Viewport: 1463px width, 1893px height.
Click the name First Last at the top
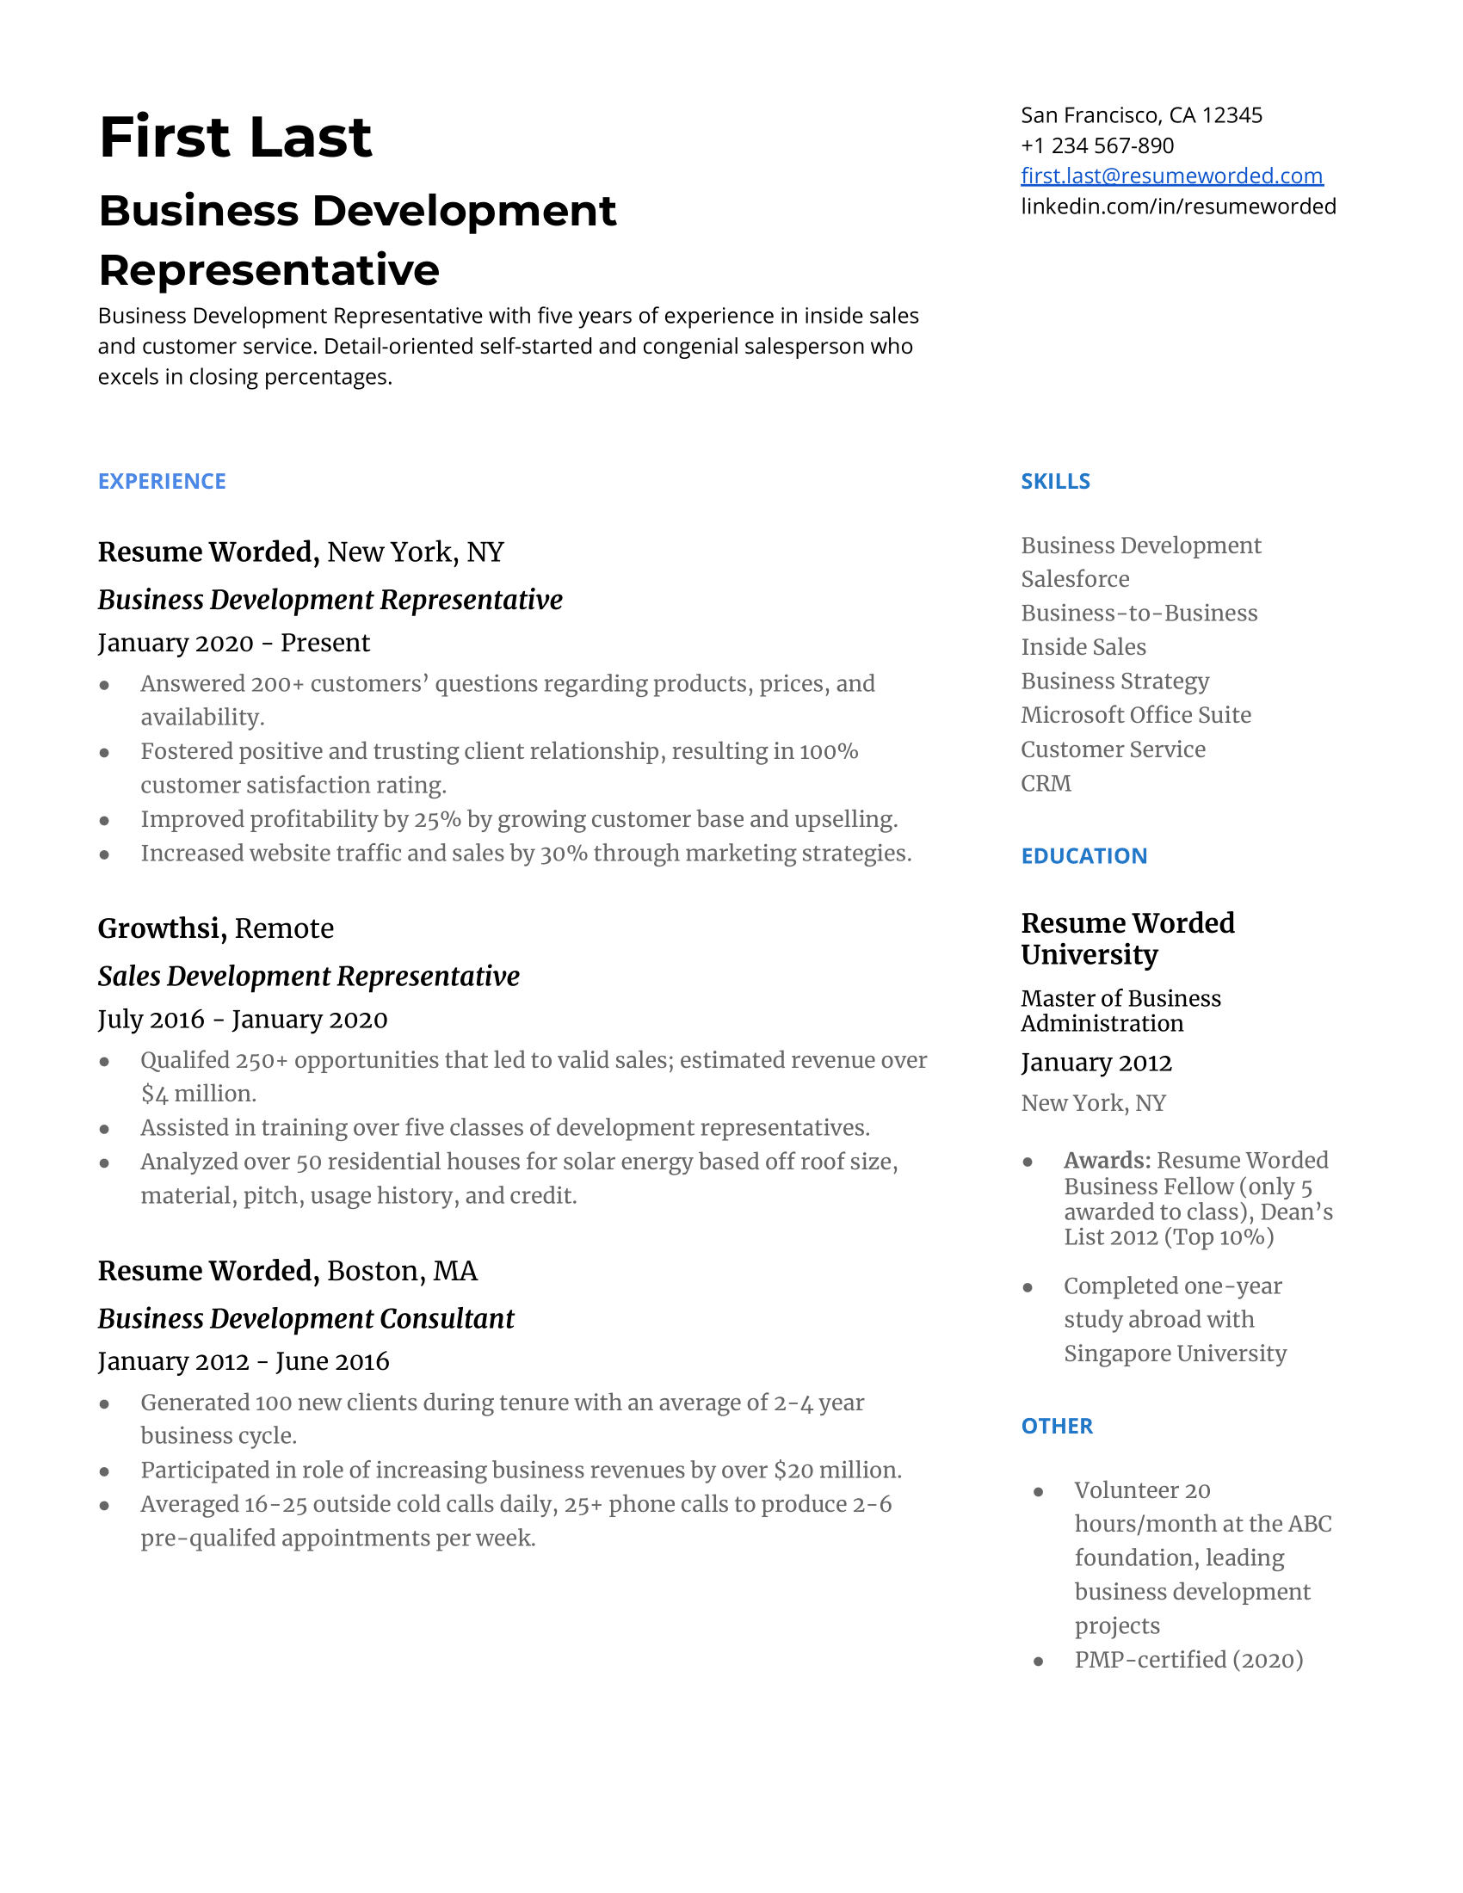click(235, 137)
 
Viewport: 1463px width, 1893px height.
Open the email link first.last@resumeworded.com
click(1171, 176)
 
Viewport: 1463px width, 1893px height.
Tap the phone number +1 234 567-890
click(1096, 145)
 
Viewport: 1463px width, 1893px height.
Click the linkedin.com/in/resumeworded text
click(1178, 207)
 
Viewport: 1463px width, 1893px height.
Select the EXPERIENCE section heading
click(162, 481)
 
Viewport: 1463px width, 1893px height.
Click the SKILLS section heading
click(1055, 481)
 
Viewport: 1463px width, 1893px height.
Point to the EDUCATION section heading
click(1083, 855)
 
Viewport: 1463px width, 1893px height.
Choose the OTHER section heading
click(1057, 1426)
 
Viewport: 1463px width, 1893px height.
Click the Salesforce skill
click(1075, 579)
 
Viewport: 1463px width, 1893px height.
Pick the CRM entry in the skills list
click(1046, 784)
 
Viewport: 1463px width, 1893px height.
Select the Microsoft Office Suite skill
click(1135, 715)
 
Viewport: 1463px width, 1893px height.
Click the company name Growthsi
click(161, 928)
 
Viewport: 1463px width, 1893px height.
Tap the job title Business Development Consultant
click(306, 1318)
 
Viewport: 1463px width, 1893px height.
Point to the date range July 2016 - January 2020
click(243, 1020)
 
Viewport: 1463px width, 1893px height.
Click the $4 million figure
click(199, 1094)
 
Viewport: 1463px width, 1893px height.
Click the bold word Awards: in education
click(1107, 1160)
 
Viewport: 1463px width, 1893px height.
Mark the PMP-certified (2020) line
click(1188, 1660)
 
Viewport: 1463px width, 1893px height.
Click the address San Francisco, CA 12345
click(1140, 115)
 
